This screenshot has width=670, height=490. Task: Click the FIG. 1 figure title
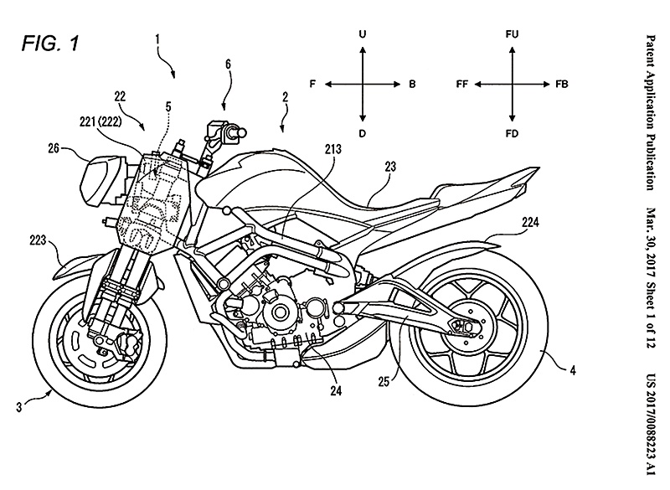[x=50, y=44]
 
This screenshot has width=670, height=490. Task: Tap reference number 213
[x=332, y=148]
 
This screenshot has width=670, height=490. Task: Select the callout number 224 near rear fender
[x=530, y=222]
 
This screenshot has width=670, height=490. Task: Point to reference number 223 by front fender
[x=38, y=240]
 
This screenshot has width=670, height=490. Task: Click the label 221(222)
[x=100, y=121]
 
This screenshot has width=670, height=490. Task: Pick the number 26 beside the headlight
[x=54, y=149]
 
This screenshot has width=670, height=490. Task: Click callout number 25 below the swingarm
[x=384, y=381]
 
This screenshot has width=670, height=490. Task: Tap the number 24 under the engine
[x=336, y=390]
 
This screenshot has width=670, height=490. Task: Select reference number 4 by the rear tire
[x=573, y=369]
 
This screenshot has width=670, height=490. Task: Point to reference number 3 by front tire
[x=18, y=407]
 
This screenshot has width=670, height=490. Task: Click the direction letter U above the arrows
[x=363, y=34]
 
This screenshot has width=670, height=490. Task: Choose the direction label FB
[x=562, y=84]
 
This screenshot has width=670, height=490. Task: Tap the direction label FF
[x=462, y=84]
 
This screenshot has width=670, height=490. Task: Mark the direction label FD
[x=512, y=134]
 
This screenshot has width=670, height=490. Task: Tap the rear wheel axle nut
[x=468, y=327]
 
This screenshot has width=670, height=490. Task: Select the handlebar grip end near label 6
[x=242, y=132]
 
